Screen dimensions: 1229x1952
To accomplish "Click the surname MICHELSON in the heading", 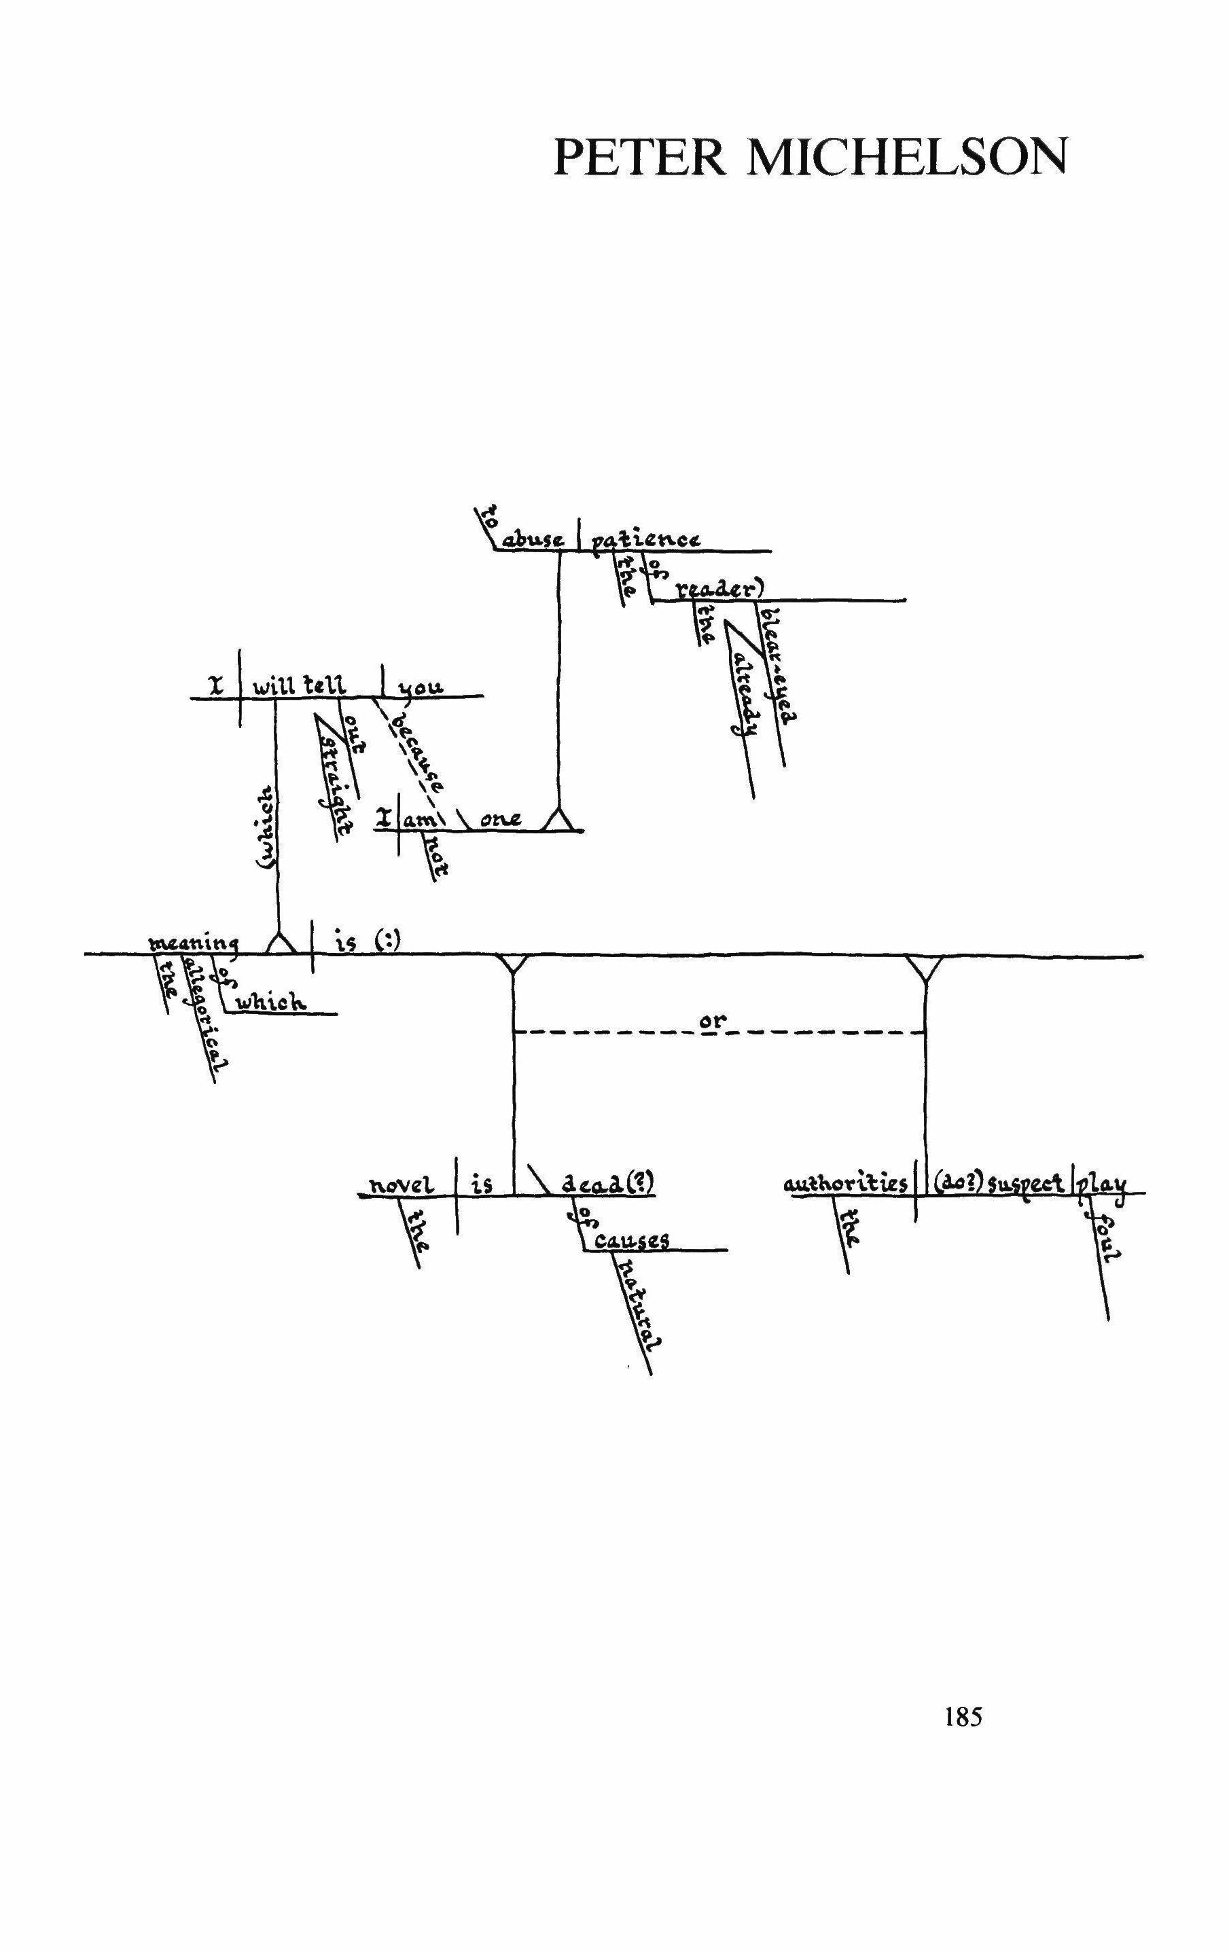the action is pos(906,158).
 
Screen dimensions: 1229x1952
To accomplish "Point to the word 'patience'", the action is pos(645,539).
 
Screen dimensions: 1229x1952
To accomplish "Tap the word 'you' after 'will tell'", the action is pos(422,687).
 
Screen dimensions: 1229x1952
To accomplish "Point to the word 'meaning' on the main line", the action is pos(193,943).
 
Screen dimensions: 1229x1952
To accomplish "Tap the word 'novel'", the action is pos(402,1185).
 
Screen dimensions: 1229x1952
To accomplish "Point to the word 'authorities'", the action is pos(846,1185).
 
